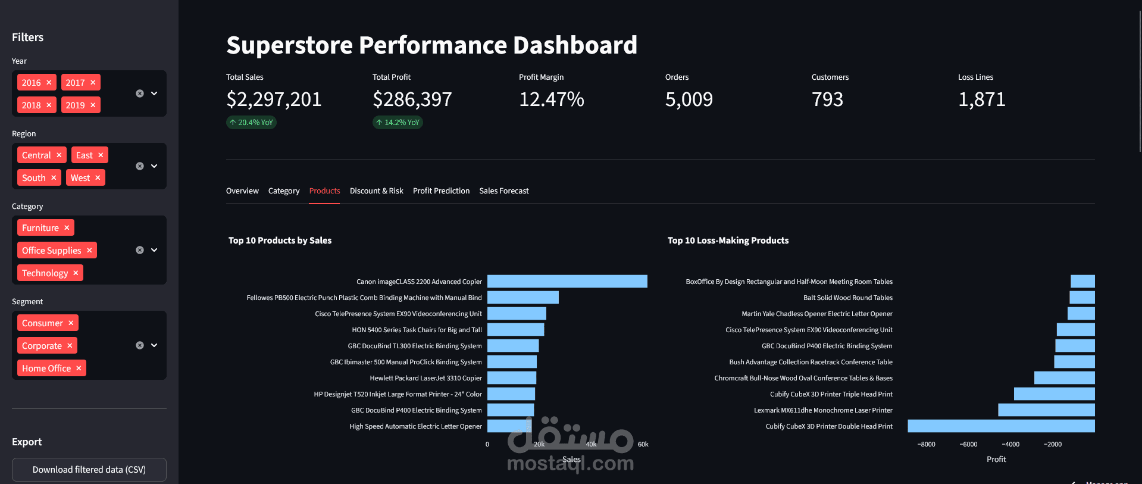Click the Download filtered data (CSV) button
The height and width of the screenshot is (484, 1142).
click(89, 470)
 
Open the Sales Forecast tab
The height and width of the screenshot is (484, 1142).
click(503, 191)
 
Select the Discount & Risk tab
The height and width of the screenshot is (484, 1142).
click(376, 191)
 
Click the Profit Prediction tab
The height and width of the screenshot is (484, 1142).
click(441, 191)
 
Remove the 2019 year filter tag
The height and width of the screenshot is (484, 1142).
click(93, 105)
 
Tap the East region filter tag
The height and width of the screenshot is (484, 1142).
click(85, 155)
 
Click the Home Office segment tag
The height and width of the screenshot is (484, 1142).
click(46, 369)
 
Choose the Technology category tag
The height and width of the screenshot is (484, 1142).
click(45, 273)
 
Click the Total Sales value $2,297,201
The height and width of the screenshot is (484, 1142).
click(274, 99)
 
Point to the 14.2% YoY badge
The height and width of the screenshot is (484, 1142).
click(398, 123)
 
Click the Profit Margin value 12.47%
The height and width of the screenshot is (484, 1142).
click(551, 99)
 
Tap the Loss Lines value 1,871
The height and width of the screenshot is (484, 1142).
click(981, 99)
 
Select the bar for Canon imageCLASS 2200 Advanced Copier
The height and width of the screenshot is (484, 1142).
click(567, 282)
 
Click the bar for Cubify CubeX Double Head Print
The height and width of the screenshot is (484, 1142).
click(1001, 426)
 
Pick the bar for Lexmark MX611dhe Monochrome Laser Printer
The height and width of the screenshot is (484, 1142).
click(1046, 410)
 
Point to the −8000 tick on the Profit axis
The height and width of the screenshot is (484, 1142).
click(926, 445)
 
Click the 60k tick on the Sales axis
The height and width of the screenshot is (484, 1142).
click(643, 445)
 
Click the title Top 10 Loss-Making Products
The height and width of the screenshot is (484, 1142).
click(728, 241)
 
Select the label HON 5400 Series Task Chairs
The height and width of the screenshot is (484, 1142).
click(417, 330)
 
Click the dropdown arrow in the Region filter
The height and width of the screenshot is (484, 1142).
click(154, 166)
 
